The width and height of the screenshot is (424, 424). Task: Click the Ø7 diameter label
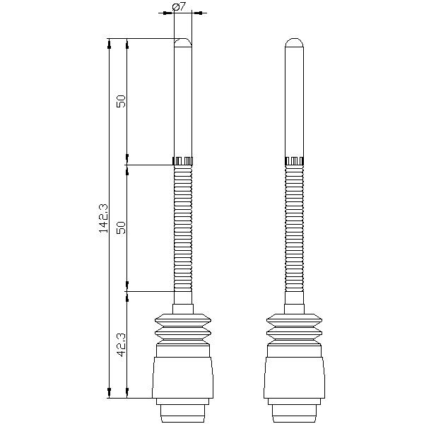pos(179,6)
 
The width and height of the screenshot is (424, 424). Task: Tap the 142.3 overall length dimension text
pos(103,218)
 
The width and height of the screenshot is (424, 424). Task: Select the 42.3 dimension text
pos(121,345)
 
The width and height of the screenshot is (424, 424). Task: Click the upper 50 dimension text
pos(121,101)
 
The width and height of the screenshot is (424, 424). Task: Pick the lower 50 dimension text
pos(121,228)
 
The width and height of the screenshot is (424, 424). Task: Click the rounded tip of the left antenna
pos(183,42)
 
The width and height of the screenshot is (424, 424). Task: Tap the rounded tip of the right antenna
pos(295,42)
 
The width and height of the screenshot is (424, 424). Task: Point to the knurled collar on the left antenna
pos(183,161)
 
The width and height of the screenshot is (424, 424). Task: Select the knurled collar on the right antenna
pos(295,161)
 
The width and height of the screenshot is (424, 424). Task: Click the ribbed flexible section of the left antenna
pos(183,228)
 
